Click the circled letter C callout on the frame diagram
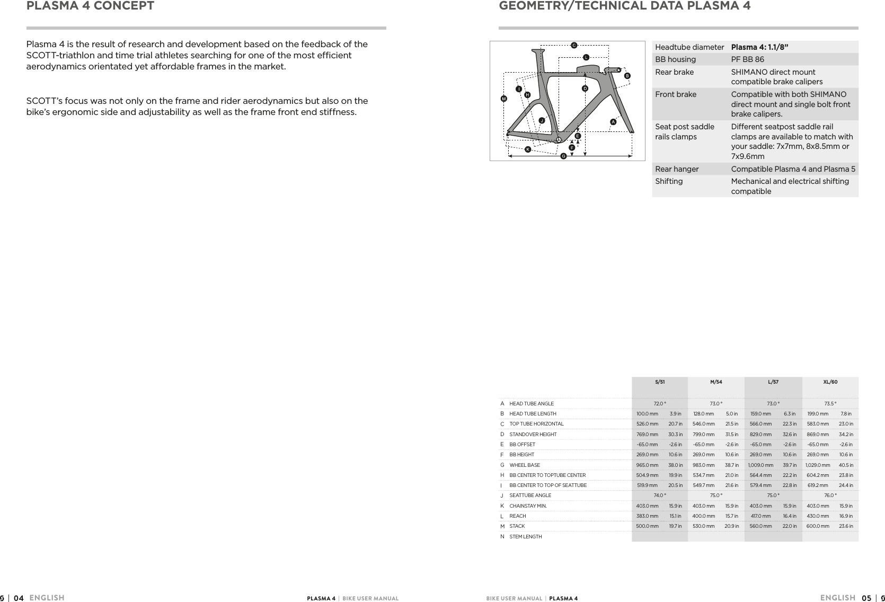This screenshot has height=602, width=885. coord(573,45)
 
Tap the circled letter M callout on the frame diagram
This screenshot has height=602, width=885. coord(504,99)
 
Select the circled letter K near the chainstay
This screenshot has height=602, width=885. coord(528,149)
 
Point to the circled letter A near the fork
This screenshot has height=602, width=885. coord(613,122)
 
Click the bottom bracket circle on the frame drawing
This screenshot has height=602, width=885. coord(559,139)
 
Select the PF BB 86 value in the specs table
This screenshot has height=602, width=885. coord(747,59)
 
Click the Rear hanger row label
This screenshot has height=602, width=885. coord(677,169)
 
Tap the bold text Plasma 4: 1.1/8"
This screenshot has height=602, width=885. coord(759,47)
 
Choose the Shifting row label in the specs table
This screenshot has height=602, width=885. coord(669,181)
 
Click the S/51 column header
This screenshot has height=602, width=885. coord(660,382)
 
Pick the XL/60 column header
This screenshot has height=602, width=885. coord(830,382)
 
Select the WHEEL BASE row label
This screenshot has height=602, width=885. coord(525,465)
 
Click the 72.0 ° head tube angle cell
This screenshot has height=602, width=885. coord(660,403)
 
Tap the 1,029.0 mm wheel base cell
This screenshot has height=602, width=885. coord(818,465)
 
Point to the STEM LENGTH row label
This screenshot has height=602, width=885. coord(525,537)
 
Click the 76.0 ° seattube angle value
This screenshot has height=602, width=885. coord(830,495)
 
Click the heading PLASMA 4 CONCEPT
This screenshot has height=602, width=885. coord(91,6)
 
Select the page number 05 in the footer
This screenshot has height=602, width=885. coord(866,598)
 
